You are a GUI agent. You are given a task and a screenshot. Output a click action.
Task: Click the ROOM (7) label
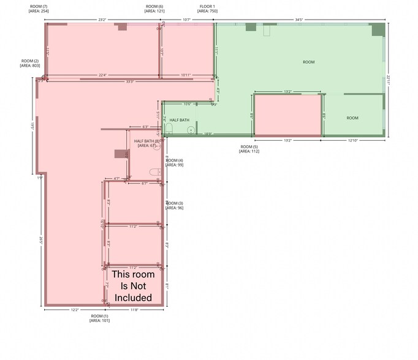(39, 9)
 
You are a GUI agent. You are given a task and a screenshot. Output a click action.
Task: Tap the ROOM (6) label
(154, 9)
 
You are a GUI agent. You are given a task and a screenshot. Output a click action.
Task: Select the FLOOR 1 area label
(207, 9)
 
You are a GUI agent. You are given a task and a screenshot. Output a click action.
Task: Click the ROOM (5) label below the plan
(249, 149)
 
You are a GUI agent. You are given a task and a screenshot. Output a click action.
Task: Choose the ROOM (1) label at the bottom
(99, 318)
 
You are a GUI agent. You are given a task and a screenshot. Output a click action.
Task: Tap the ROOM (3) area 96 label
(175, 205)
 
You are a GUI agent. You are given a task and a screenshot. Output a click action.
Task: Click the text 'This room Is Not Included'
(133, 286)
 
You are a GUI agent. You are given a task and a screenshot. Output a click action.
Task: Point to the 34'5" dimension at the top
(300, 20)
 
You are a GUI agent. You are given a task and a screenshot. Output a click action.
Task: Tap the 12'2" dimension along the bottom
(74, 310)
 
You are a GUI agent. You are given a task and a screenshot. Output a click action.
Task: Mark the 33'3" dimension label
(129, 81)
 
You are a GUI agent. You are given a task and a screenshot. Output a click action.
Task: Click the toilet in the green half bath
(169, 128)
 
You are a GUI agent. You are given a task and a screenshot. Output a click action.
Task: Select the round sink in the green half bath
(191, 129)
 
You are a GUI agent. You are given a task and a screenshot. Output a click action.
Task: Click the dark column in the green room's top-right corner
(377, 27)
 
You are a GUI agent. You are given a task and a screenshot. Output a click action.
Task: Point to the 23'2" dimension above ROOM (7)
(102, 20)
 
